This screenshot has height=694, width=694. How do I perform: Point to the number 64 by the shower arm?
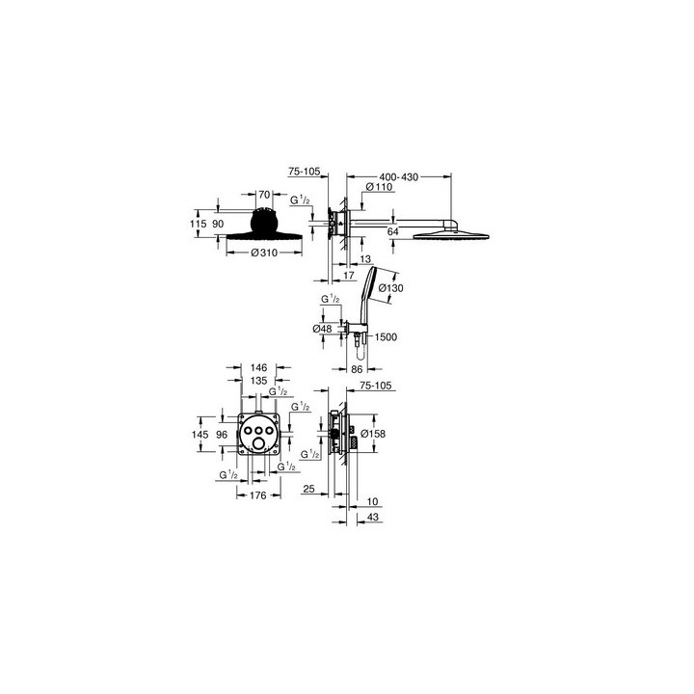point(393,231)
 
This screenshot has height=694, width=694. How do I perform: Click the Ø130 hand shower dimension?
point(390,287)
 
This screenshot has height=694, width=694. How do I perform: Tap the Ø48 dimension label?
point(323,328)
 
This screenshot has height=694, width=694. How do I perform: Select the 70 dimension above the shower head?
point(265,195)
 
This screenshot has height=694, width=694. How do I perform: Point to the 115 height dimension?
point(200,224)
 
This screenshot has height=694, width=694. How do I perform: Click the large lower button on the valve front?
point(257,442)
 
